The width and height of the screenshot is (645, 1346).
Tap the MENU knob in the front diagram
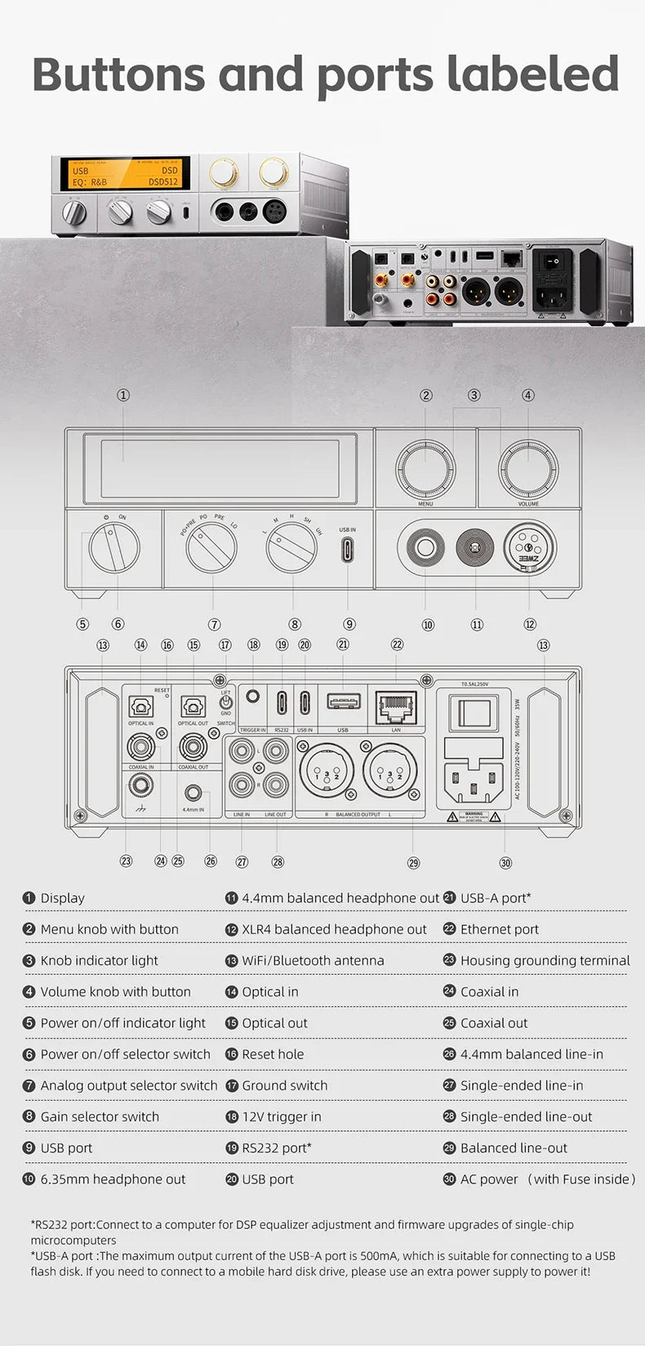click(x=425, y=469)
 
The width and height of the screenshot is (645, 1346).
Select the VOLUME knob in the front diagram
click(x=528, y=469)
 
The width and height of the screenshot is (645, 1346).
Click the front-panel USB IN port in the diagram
click(x=348, y=549)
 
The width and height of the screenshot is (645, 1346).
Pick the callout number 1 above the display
click(x=123, y=395)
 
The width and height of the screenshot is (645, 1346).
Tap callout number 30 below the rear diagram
click(x=505, y=863)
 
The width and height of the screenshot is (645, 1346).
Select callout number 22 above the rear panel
click(x=397, y=644)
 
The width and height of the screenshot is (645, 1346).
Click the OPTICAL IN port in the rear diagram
click(x=140, y=705)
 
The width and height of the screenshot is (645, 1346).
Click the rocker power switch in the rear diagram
click(x=474, y=713)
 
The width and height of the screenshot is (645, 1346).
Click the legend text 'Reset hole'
click(x=273, y=1054)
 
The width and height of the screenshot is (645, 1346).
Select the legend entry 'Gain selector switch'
click(x=100, y=1116)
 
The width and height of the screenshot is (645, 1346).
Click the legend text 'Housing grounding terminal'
click(x=545, y=960)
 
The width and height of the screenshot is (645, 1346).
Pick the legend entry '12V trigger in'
click(x=282, y=1116)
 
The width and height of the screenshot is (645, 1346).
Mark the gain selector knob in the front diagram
click(x=291, y=548)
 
